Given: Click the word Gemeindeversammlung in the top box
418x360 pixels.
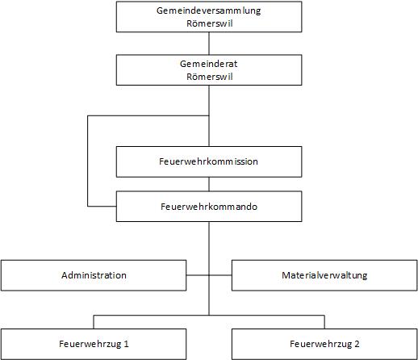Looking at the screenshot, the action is pos(209,11).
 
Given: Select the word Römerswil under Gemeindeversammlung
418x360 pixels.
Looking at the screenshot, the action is pos(210,23).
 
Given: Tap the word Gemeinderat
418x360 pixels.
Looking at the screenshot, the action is pos(209,64).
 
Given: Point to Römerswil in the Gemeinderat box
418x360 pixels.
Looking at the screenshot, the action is pos(210,77).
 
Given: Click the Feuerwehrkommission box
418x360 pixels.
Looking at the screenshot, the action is pos(209,161).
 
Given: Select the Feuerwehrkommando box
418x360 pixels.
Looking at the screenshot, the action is pos(209,207).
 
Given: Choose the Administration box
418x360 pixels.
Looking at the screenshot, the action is pos(94,275).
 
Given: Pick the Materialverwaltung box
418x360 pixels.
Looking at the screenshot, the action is pos(324,275).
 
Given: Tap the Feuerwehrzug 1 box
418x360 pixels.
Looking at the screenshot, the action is pos(94,344).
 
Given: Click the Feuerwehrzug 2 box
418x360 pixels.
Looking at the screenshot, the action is pos(324,344).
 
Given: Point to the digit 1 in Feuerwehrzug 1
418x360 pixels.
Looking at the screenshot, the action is pos(126,344).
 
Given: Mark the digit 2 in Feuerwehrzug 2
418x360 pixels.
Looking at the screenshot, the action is pos(357,344).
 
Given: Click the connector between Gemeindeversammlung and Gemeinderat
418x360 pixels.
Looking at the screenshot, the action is pos(209,44).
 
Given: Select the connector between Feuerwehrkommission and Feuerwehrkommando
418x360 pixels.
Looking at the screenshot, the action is pos(209,184).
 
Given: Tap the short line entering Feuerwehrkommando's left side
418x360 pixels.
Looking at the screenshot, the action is pos(102,207).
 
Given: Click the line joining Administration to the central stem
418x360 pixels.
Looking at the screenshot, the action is pos(198,275).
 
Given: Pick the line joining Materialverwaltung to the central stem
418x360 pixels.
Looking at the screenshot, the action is pos(220,275).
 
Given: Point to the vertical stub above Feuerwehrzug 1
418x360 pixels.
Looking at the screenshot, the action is pos(94,322).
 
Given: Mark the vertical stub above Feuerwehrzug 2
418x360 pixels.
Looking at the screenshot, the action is pos(324,322).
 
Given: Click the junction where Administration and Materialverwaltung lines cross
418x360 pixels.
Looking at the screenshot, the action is pos(209,275).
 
